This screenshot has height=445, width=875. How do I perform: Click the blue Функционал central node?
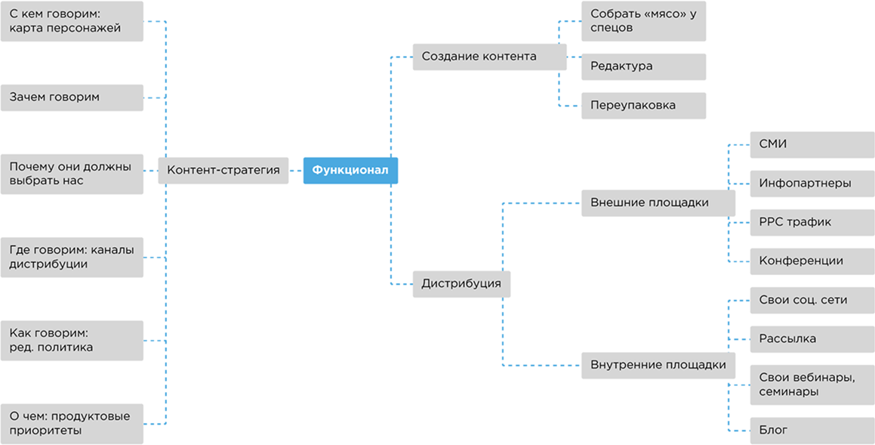(350, 171)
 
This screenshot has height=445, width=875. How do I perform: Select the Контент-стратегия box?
(223, 171)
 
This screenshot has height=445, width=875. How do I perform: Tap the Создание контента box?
(489, 57)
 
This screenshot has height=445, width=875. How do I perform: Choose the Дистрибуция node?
(461, 284)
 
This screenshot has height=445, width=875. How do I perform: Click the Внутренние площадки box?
(658, 366)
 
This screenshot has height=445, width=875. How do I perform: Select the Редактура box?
(643, 66)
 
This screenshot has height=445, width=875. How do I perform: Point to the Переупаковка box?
(643, 106)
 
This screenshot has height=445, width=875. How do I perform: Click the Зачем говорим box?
(72, 97)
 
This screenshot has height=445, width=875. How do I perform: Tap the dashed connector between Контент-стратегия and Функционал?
(296, 171)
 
